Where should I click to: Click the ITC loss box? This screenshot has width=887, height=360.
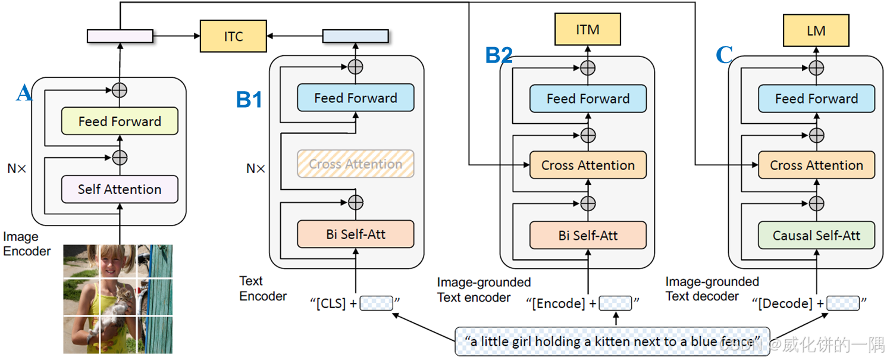click(233, 36)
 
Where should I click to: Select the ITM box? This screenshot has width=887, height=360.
click(587, 30)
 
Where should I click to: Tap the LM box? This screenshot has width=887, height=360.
click(816, 30)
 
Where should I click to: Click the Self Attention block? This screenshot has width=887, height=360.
click(120, 189)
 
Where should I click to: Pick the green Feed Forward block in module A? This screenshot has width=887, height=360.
click(120, 121)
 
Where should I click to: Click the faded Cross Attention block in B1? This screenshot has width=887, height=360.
click(355, 164)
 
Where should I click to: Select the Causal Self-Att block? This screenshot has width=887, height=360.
click(816, 235)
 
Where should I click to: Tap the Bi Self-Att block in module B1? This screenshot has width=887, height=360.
click(355, 234)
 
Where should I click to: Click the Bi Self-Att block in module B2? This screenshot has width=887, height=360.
click(588, 235)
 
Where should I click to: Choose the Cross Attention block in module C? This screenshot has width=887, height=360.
click(816, 165)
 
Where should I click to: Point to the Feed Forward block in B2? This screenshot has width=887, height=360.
click(588, 99)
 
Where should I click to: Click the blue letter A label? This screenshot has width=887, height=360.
click(24, 93)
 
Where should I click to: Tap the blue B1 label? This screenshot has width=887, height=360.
click(249, 99)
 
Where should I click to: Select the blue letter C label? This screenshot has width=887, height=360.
click(724, 55)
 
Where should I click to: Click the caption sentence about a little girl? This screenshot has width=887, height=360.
click(613, 342)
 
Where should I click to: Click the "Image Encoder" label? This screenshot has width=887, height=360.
click(27, 244)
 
